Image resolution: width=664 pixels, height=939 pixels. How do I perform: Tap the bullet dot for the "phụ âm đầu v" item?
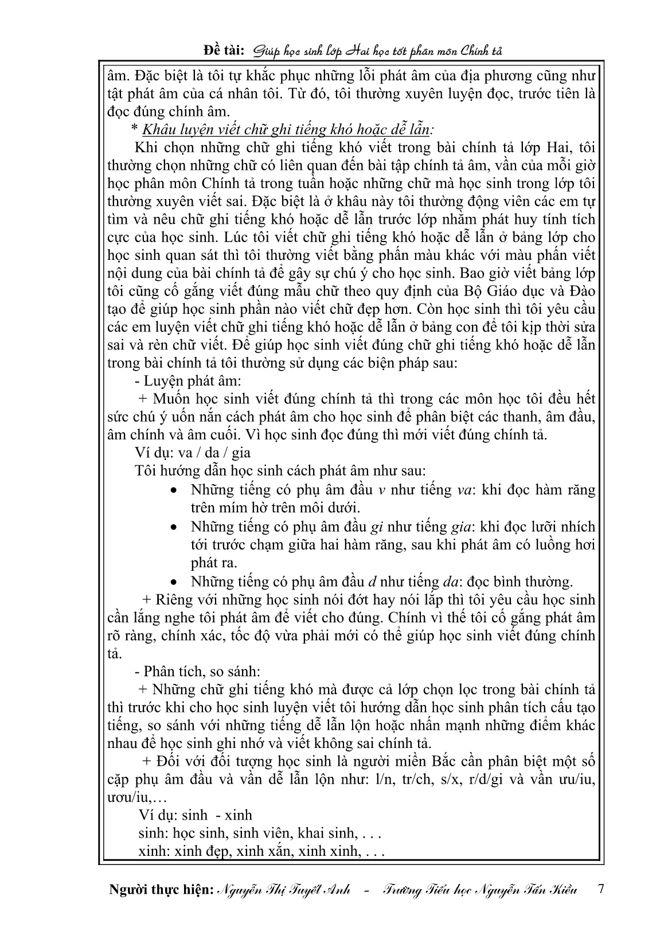(175, 491)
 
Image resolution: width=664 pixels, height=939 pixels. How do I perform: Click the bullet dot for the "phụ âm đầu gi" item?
(175, 527)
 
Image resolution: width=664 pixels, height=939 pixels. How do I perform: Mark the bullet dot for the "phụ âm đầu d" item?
(175, 582)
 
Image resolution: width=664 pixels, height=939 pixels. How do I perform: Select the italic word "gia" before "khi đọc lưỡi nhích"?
(456, 527)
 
